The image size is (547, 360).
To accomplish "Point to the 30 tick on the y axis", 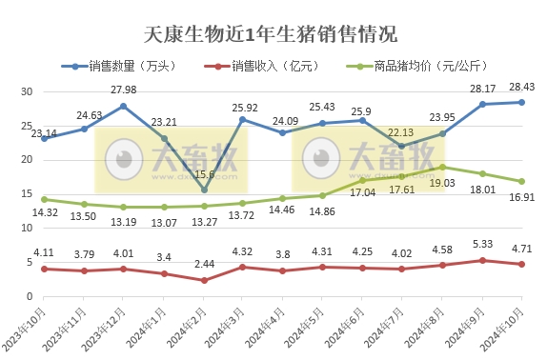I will pyautogui.click(x=27, y=92).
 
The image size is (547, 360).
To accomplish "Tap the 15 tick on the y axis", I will pyautogui.click(x=27, y=193).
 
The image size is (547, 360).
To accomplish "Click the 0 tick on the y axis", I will pyautogui.click(x=30, y=295).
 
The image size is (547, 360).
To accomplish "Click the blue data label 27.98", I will pyautogui.click(x=125, y=90).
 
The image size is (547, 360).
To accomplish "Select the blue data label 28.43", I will pyautogui.click(x=521, y=87).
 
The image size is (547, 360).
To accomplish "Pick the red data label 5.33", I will pyautogui.click(x=482, y=244).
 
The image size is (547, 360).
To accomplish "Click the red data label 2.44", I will pyautogui.click(x=204, y=263).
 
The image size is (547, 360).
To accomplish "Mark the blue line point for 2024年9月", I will pyautogui.click(x=481, y=104).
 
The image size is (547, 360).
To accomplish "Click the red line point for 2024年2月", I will pyautogui.click(x=204, y=280).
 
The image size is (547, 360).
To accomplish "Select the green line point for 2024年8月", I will pyautogui.click(x=441, y=167).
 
